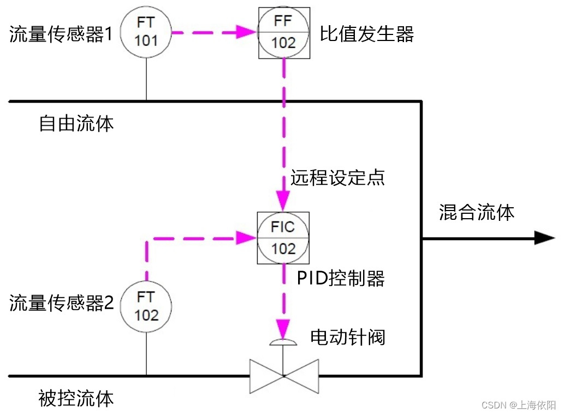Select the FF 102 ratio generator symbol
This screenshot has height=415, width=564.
(x=284, y=33)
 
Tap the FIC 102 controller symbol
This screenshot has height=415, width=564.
(x=283, y=238)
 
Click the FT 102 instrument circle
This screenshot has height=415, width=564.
(x=146, y=307)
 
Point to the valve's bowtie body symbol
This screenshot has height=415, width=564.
(x=284, y=376)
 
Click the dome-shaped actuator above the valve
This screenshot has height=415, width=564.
(x=283, y=342)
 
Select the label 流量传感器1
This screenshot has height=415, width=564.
(x=61, y=35)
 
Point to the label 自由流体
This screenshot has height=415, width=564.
(x=76, y=123)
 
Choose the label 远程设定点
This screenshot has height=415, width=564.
(x=337, y=178)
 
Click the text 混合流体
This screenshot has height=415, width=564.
(x=477, y=212)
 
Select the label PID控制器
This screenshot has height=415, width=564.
(x=341, y=278)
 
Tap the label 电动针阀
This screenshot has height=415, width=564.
(x=348, y=336)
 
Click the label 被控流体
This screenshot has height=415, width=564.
(x=76, y=398)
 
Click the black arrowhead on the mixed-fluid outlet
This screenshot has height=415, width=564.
(x=544, y=238)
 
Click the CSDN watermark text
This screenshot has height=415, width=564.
(x=518, y=405)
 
